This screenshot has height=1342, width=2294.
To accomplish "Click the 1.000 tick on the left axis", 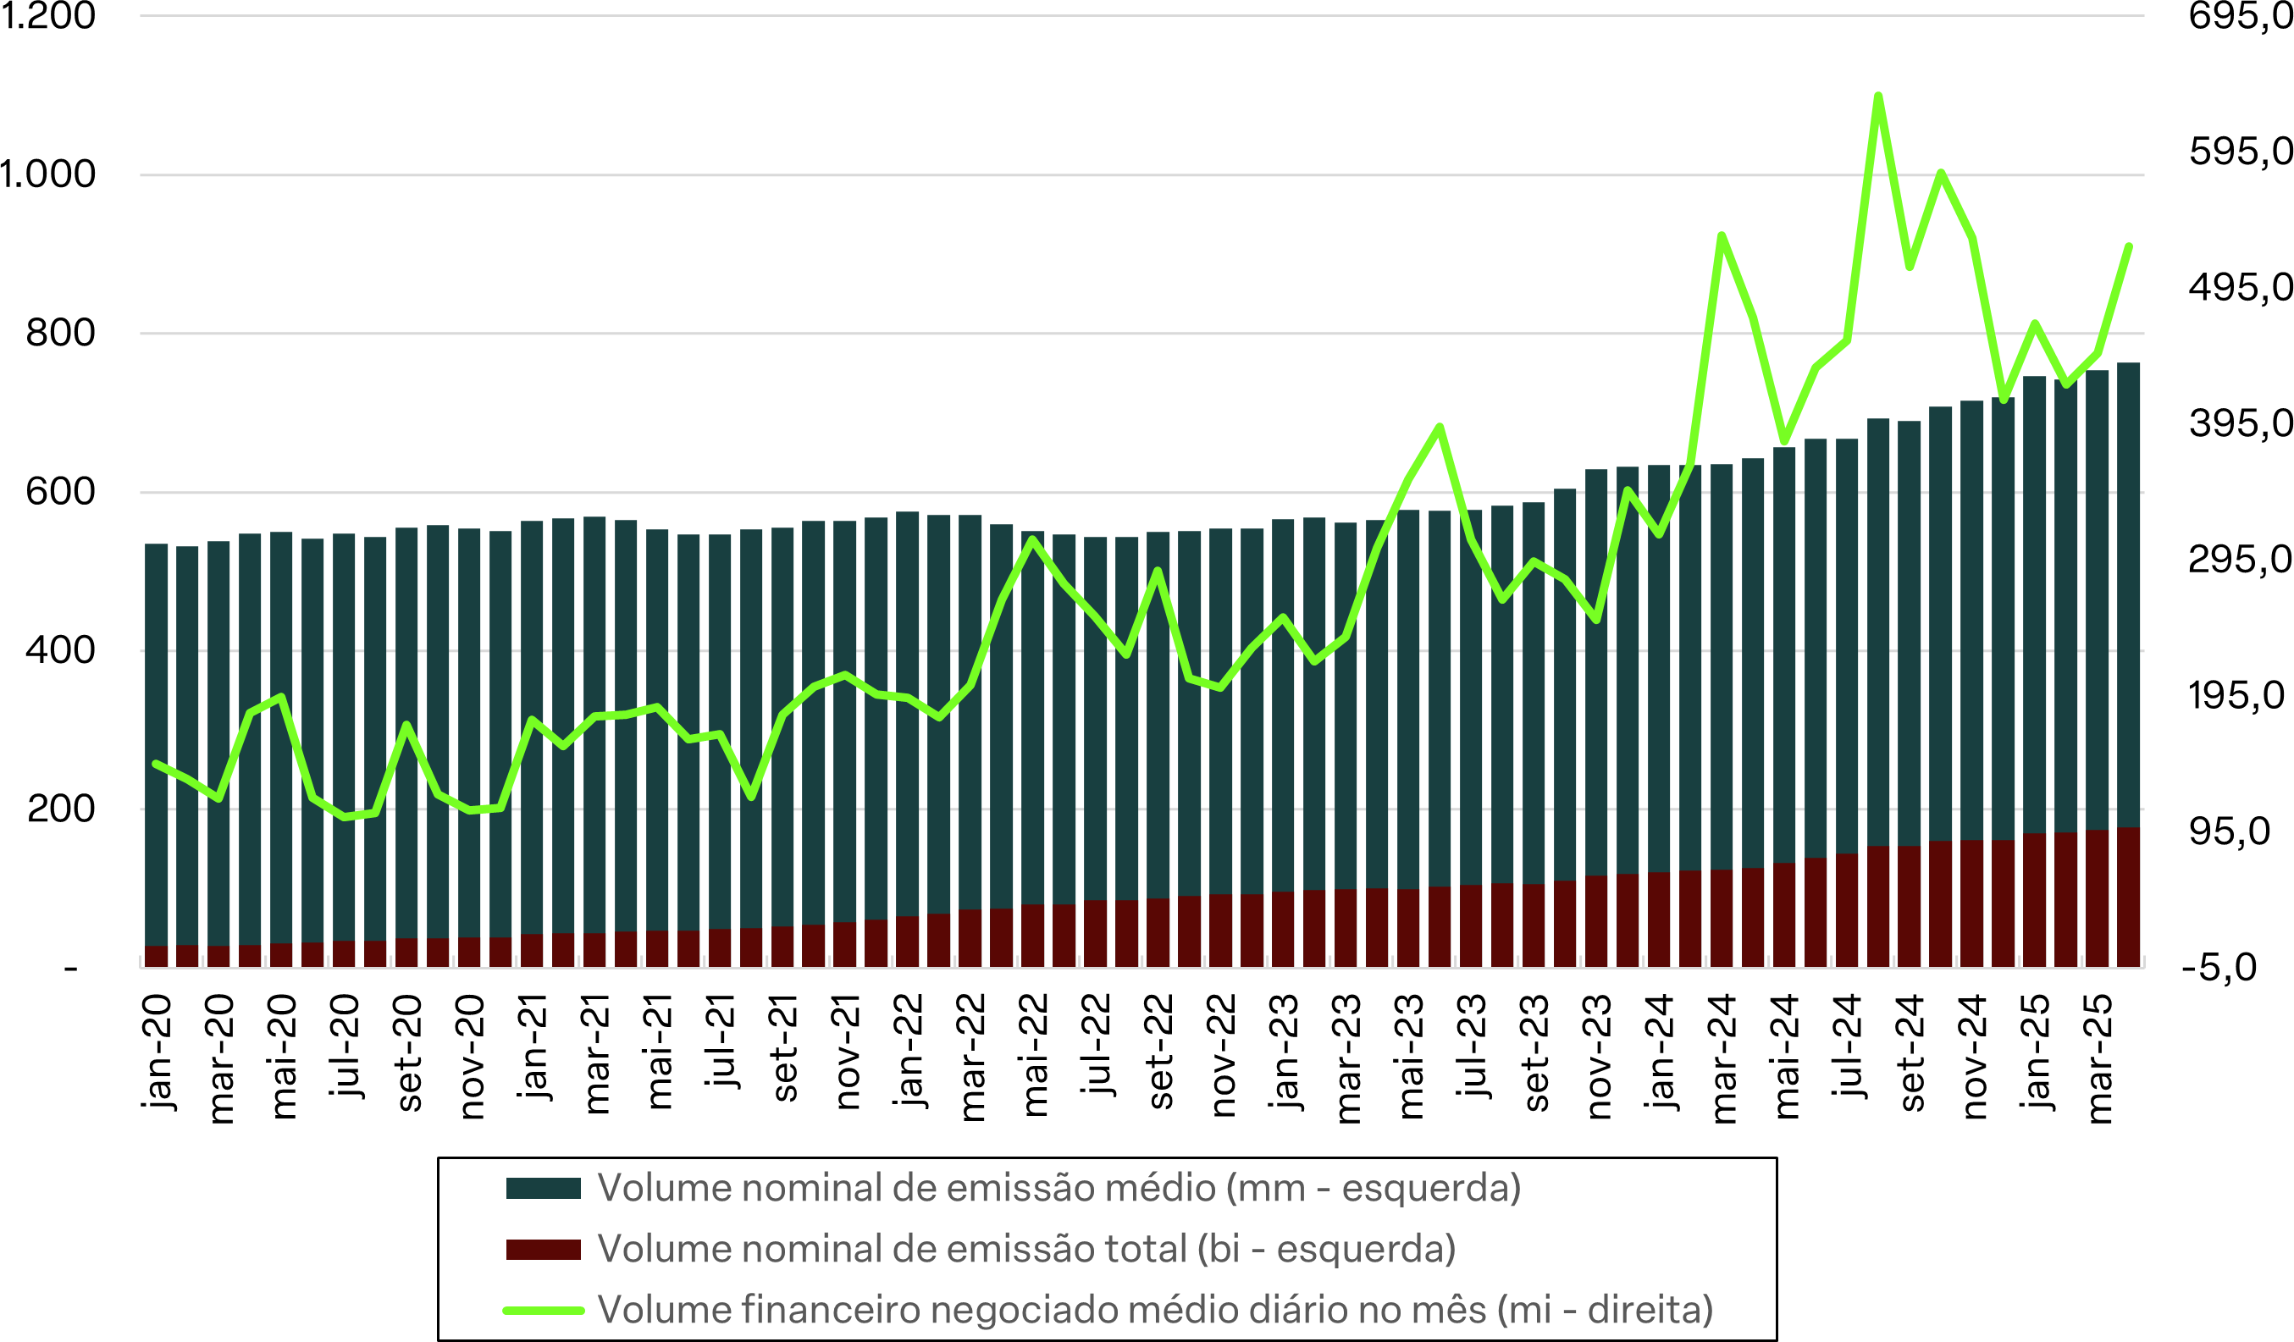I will [x=47, y=174].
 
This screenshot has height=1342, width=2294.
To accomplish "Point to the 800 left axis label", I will [x=60, y=334].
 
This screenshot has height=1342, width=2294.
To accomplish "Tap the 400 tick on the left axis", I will [x=60, y=650].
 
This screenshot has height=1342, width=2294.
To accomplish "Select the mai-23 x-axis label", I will [x=1409, y=1056].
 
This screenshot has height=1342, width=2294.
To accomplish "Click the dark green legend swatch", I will [x=544, y=1189].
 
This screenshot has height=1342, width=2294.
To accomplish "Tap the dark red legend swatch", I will [x=544, y=1250].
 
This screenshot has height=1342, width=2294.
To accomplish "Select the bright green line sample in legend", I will [x=544, y=1311].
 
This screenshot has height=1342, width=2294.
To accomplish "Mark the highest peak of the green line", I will [x=1878, y=96].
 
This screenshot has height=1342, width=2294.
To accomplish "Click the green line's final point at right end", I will [x=2128, y=246].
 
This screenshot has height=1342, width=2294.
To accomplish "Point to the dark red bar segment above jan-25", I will [x=2035, y=899].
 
